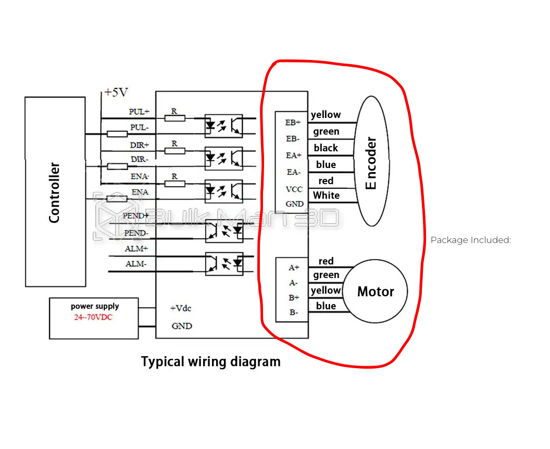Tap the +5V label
[x=116, y=92]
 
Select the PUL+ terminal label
[x=139, y=112]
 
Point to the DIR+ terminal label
[x=139, y=145]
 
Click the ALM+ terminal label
[x=136, y=249]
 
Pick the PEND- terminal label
[x=135, y=233]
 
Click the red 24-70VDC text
[x=93, y=317]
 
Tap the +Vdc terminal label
[x=181, y=308]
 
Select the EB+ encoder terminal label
[x=293, y=123]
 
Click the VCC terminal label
[x=294, y=189]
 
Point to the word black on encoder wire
[x=326, y=148]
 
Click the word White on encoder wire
[x=327, y=196]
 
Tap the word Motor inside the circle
[x=376, y=292]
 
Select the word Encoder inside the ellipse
[x=371, y=164]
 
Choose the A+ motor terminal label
[x=294, y=268]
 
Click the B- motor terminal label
[x=294, y=313]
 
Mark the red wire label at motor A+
[x=326, y=261]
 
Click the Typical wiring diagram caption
[x=211, y=361]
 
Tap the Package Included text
[x=471, y=240]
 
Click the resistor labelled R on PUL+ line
[x=174, y=118]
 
